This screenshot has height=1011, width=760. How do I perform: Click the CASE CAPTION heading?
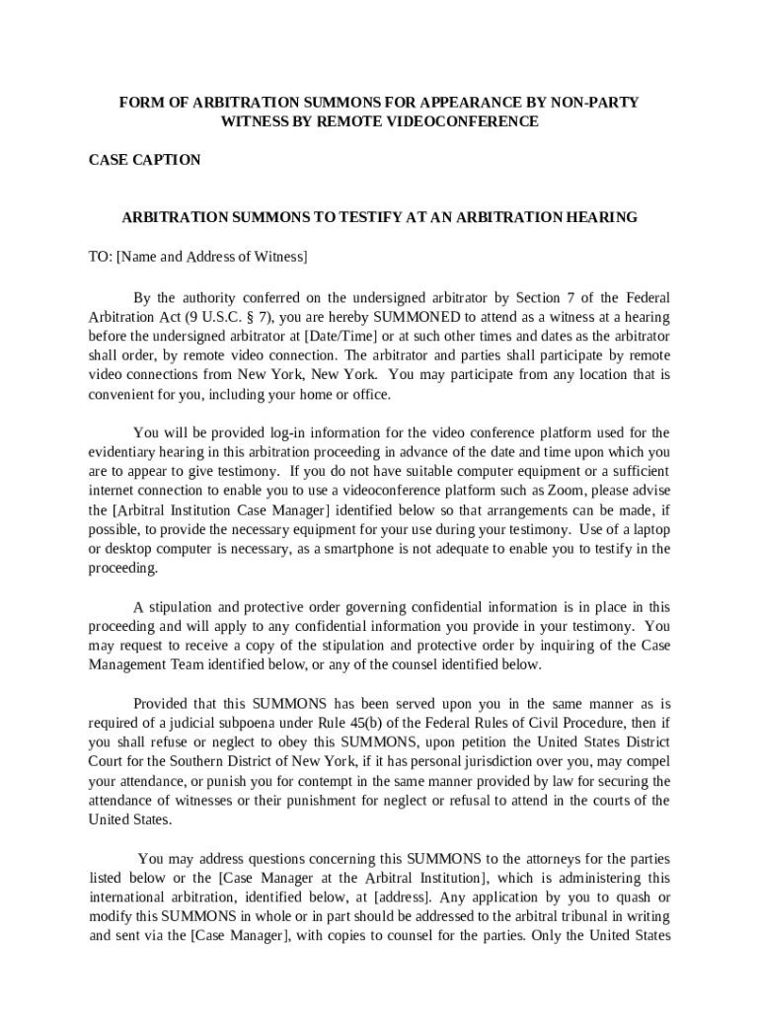tap(144, 160)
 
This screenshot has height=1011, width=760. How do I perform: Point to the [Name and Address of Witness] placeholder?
tap(212, 257)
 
